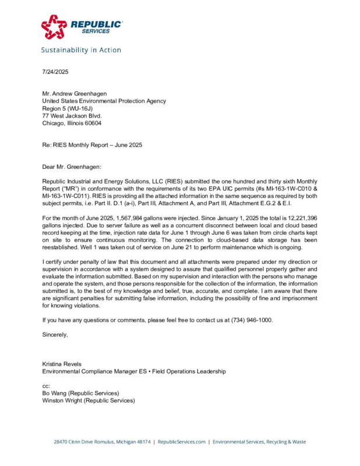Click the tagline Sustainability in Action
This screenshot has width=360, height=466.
[81, 50]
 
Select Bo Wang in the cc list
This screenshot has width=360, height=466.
[57, 393]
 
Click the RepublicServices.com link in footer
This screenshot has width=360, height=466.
[181, 442]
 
